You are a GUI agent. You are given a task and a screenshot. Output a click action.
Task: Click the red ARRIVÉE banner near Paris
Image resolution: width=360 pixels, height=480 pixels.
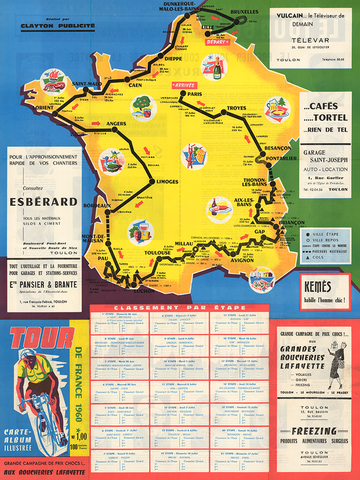[x=183, y=86]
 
